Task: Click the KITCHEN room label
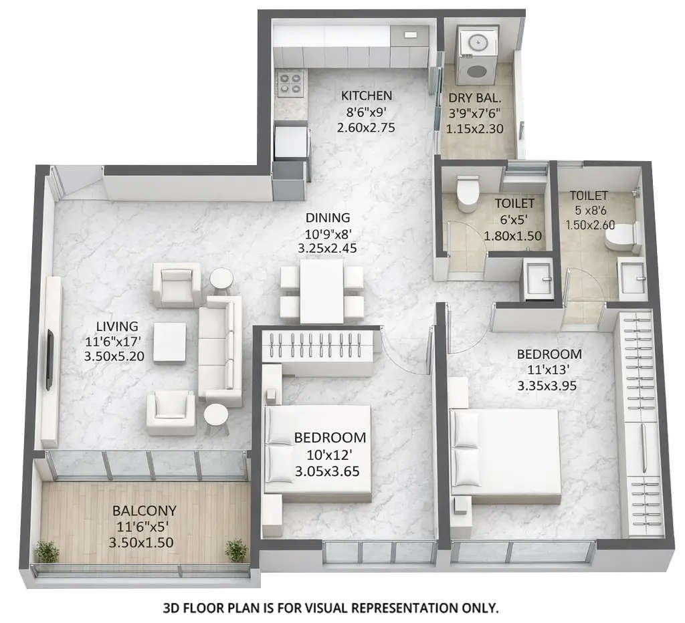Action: tap(366, 95)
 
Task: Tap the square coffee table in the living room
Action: tap(169, 342)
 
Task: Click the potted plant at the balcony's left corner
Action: tap(47, 552)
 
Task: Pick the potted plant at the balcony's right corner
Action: tap(235, 551)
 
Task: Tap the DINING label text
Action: tap(328, 217)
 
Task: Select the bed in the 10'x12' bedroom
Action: tap(318, 453)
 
